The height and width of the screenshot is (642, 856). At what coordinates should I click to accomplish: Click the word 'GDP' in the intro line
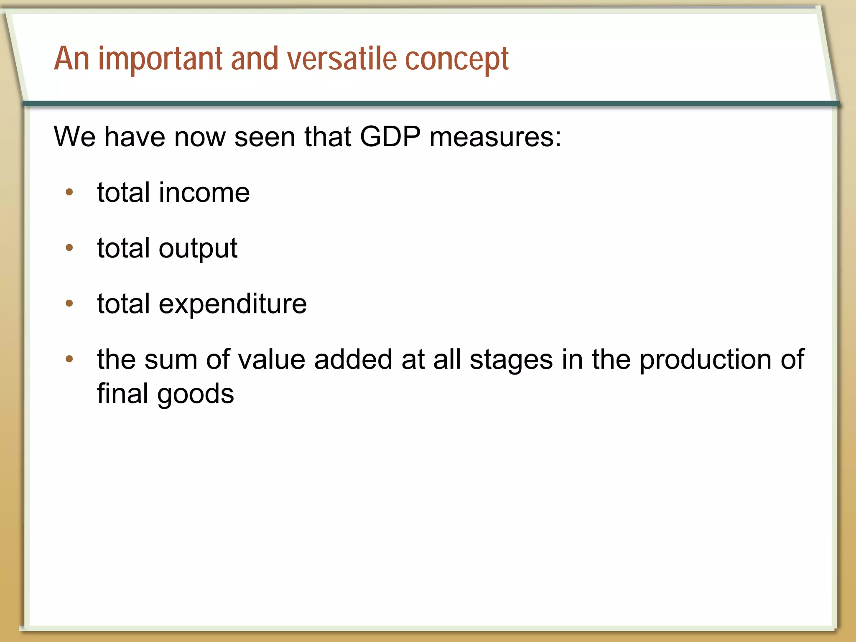point(390,137)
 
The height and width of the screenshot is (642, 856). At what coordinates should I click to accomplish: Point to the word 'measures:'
point(495,137)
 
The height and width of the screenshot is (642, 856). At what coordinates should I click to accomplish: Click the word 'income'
point(204,193)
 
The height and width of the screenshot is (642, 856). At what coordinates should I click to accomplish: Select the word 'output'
point(198,249)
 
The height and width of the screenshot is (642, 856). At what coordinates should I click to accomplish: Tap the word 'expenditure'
point(233,304)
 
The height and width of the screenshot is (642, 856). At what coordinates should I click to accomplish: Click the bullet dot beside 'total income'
point(69,192)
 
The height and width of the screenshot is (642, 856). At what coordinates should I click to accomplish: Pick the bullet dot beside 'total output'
point(69,248)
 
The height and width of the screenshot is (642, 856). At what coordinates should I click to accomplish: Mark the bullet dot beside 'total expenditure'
point(69,303)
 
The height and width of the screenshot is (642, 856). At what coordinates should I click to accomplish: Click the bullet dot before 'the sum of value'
point(69,359)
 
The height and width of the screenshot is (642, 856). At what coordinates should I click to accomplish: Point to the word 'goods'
point(196,395)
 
